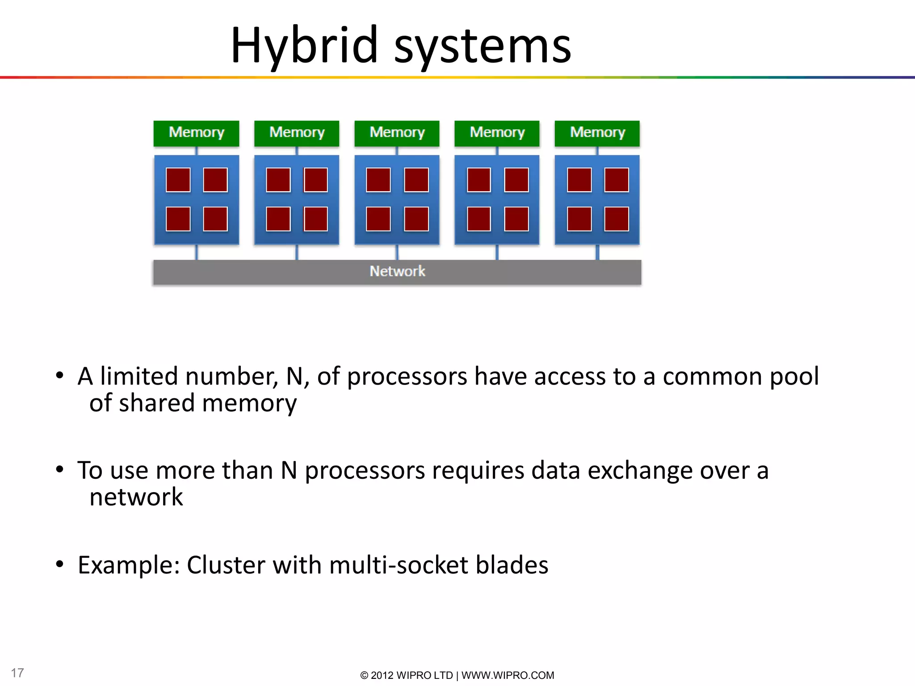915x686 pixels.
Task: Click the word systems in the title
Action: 482,46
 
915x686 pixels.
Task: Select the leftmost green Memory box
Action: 196,133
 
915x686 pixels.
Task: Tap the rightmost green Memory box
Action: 597,133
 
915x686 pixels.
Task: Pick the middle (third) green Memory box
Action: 397,133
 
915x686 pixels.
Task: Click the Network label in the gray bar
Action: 397,271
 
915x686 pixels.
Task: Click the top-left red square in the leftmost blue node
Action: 178,180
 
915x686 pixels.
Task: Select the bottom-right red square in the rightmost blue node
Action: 617,219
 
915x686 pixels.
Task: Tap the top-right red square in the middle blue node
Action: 416,180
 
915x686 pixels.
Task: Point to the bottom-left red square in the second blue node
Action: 278,219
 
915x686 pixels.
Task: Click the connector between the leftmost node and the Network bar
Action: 196,252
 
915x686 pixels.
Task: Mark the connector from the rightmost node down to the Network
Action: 597,252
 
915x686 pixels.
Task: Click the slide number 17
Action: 17,673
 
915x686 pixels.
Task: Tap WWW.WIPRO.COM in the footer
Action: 508,675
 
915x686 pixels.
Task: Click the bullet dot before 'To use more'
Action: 60,469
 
